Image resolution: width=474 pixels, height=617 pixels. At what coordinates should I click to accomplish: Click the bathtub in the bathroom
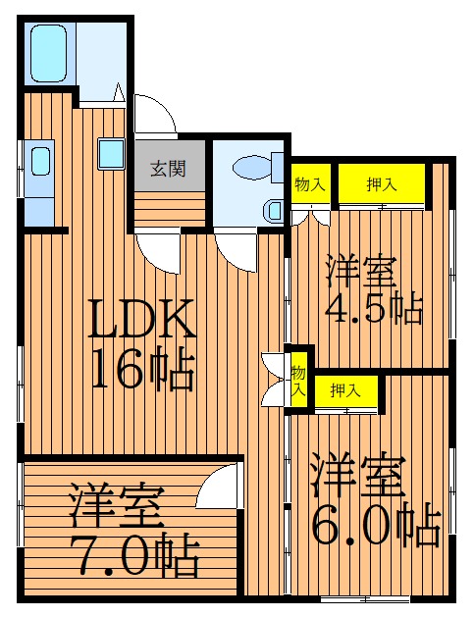point(48,54)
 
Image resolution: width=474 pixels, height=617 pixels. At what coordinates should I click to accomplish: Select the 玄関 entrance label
point(168,169)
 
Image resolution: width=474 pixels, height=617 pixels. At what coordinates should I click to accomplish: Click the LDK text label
point(141,319)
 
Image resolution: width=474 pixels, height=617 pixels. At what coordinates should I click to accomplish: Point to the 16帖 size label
point(142,369)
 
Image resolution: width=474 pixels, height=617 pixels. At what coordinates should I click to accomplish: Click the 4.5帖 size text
point(373,308)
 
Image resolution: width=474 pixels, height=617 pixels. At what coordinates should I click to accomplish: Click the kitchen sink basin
point(41,161)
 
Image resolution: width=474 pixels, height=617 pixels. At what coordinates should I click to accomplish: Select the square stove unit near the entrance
point(112,154)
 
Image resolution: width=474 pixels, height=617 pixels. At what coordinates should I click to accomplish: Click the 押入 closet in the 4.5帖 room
point(382,183)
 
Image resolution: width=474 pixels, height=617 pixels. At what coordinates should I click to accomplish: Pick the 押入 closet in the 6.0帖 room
point(345,391)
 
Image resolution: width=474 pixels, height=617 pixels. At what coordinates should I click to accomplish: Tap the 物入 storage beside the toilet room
point(310,183)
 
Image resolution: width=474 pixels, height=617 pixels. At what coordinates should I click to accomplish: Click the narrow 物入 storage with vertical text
point(298,380)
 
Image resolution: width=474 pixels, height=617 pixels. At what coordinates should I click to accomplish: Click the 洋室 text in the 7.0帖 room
point(117,506)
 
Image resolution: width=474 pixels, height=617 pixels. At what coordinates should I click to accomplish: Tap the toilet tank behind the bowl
point(278,168)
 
